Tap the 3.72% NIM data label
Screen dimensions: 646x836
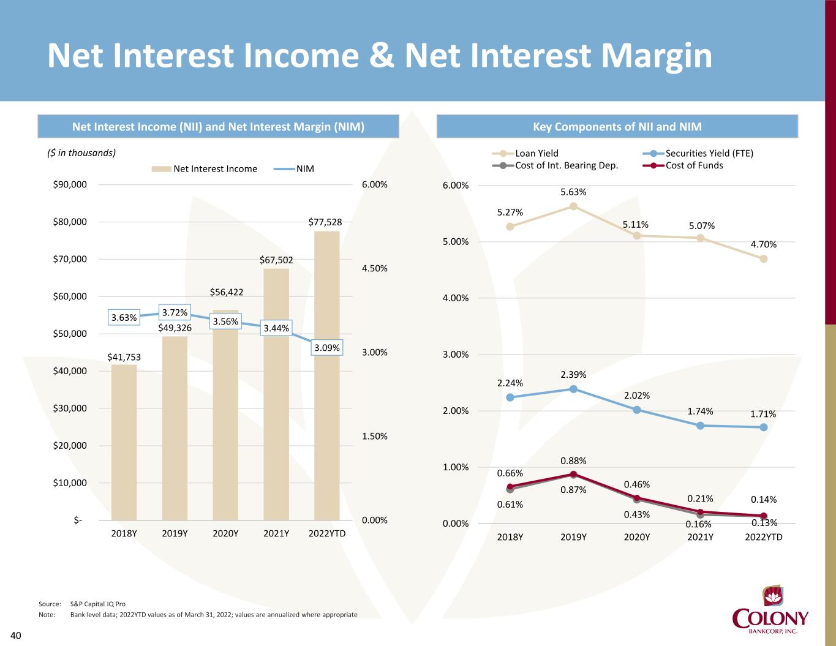point(175,313)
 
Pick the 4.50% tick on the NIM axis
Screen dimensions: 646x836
point(374,268)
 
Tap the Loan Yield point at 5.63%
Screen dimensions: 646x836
point(573,206)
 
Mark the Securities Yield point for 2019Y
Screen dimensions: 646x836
point(573,389)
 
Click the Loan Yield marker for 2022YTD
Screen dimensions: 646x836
point(764,259)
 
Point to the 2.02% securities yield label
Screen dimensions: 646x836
point(637,396)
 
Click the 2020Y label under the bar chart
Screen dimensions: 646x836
point(225,533)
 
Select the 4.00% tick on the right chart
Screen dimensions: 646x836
point(455,298)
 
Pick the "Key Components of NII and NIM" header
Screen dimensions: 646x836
point(617,127)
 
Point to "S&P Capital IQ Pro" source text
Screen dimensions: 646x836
point(98,604)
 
